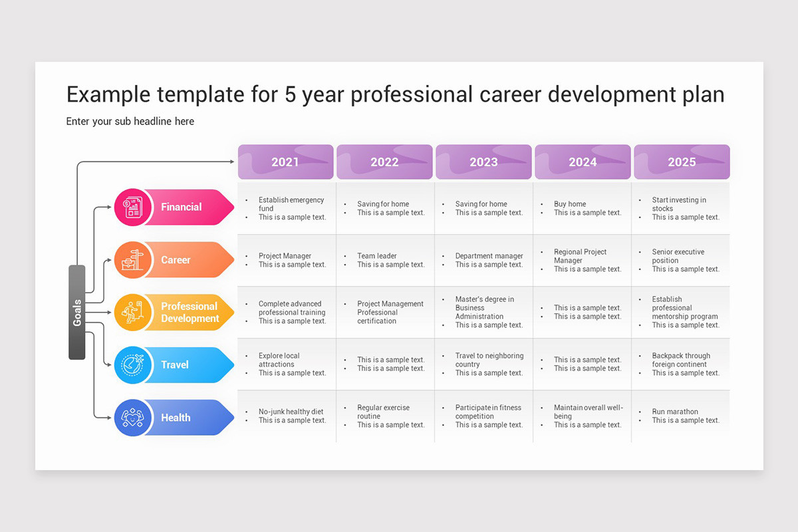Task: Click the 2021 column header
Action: click(285, 162)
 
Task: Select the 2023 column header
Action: click(483, 162)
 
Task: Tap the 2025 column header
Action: click(682, 162)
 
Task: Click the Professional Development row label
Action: click(190, 313)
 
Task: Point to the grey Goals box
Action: click(77, 313)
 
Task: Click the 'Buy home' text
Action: click(570, 204)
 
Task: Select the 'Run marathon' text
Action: click(675, 412)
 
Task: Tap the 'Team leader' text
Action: click(377, 256)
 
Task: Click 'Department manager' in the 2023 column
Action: click(489, 256)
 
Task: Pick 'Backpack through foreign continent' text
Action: click(680, 360)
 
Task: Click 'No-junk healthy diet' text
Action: click(291, 412)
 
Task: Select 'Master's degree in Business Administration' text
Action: click(485, 308)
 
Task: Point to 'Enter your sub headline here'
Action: click(130, 122)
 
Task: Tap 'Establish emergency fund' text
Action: click(291, 203)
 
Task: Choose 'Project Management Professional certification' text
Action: click(390, 312)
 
